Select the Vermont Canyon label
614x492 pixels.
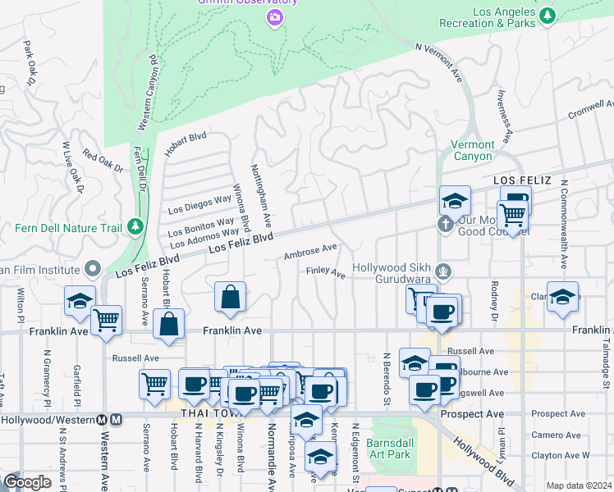tap(472, 150)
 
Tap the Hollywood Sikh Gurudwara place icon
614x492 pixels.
tap(443, 270)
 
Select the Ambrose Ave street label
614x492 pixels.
tap(310, 251)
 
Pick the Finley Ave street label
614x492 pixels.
tap(325, 271)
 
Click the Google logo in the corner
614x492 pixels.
tap(27, 482)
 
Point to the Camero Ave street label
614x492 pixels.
tap(550, 435)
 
